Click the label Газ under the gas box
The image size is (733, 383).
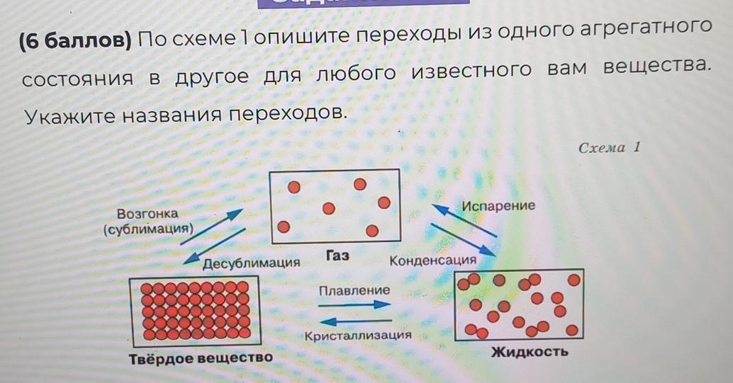tap(337, 256)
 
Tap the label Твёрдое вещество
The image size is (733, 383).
tap(201, 359)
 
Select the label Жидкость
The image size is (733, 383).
tap(530, 351)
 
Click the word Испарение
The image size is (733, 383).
tap(498, 205)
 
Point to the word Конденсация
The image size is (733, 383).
tap(433, 260)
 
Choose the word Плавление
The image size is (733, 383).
tap(354, 290)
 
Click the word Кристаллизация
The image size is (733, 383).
tap(358, 336)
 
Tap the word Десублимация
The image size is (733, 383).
tap(251, 263)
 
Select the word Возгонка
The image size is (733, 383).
tap(147, 214)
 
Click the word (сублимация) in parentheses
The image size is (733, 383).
tap(149, 229)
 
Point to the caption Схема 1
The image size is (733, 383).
tap(609, 147)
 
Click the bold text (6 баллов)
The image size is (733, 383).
tap(76, 41)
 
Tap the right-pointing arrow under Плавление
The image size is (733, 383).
tap(354, 305)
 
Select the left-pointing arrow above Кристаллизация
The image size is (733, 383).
tap(356, 321)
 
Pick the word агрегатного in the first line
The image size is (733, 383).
tap(646, 29)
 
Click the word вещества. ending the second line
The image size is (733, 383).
tap(657, 67)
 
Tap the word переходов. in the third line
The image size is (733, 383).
tap(289, 113)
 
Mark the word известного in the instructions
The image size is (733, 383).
tap(471, 71)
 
